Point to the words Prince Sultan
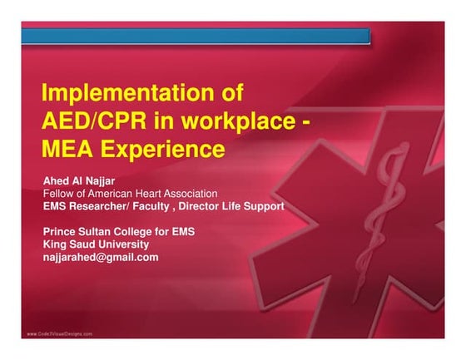78,231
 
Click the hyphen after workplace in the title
309,122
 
